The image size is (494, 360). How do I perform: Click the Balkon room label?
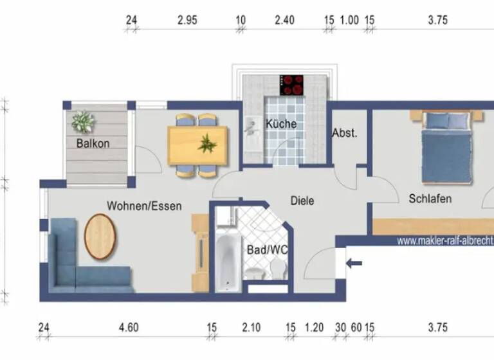93,143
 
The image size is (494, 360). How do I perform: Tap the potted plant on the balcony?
83,122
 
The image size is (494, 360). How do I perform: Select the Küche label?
281,123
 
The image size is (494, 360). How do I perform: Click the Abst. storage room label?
344,134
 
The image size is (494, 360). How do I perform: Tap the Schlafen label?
430,199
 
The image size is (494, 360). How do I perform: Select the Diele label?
302,201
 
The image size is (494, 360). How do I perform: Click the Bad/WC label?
267,250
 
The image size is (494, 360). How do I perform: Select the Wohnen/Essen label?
144,206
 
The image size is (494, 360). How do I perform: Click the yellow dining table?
197,144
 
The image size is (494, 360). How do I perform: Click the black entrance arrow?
354,262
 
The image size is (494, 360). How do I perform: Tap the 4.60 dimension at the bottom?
128,328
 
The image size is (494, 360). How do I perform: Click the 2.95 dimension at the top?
187,20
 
